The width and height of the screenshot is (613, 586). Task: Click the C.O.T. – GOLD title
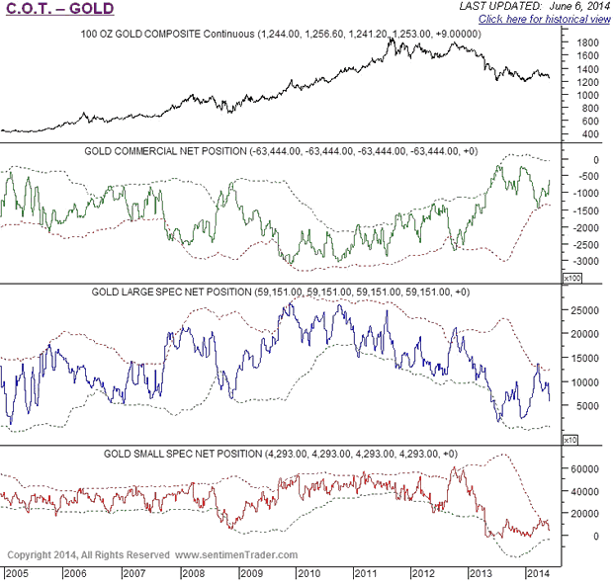pos(59,10)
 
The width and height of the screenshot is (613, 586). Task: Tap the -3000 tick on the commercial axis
pos(583,261)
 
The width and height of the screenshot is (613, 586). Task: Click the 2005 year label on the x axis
pos(18,573)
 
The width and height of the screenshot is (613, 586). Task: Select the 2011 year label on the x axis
pos(366,573)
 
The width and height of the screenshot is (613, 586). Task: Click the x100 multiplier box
pos(569,279)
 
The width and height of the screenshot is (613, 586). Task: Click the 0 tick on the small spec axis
pos(583,537)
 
